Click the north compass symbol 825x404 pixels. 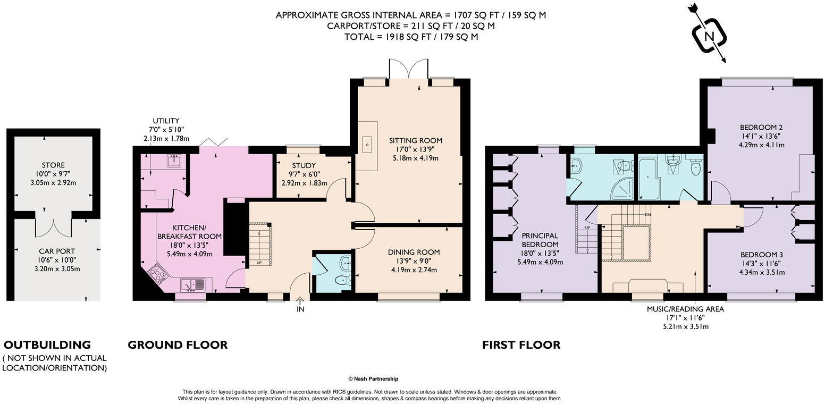click(x=709, y=36)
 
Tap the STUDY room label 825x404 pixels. click(x=304, y=165)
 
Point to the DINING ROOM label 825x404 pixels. click(x=414, y=252)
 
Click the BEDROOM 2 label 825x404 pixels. click(x=761, y=128)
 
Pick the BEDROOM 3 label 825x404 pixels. click(x=761, y=255)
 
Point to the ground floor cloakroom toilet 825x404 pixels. click(x=343, y=280)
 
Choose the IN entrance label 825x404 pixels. click(x=300, y=309)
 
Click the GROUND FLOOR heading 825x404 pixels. click(x=178, y=345)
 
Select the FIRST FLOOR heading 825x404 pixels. click(x=521, y=345)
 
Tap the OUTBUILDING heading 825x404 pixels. click(x=47, y=345)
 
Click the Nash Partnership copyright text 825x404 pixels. click(x=373, y=379)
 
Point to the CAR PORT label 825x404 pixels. click(x=57, y=251)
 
